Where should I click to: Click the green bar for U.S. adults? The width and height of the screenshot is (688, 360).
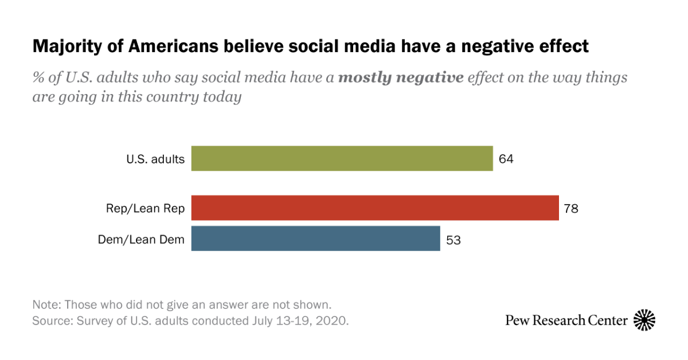[342, 158]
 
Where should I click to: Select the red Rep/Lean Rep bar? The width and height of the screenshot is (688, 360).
[375, 208]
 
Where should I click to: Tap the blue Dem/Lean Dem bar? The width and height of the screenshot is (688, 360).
[315, 238]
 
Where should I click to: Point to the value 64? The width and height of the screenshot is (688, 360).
[506, 159]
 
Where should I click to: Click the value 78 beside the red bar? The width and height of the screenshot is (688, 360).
[571, 208]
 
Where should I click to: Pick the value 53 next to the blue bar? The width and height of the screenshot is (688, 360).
[453, 240]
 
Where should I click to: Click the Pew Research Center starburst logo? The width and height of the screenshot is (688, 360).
[644, 320]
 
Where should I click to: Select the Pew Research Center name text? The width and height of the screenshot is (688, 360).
[566, 320]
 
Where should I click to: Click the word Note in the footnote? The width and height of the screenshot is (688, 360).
[44, 304]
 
